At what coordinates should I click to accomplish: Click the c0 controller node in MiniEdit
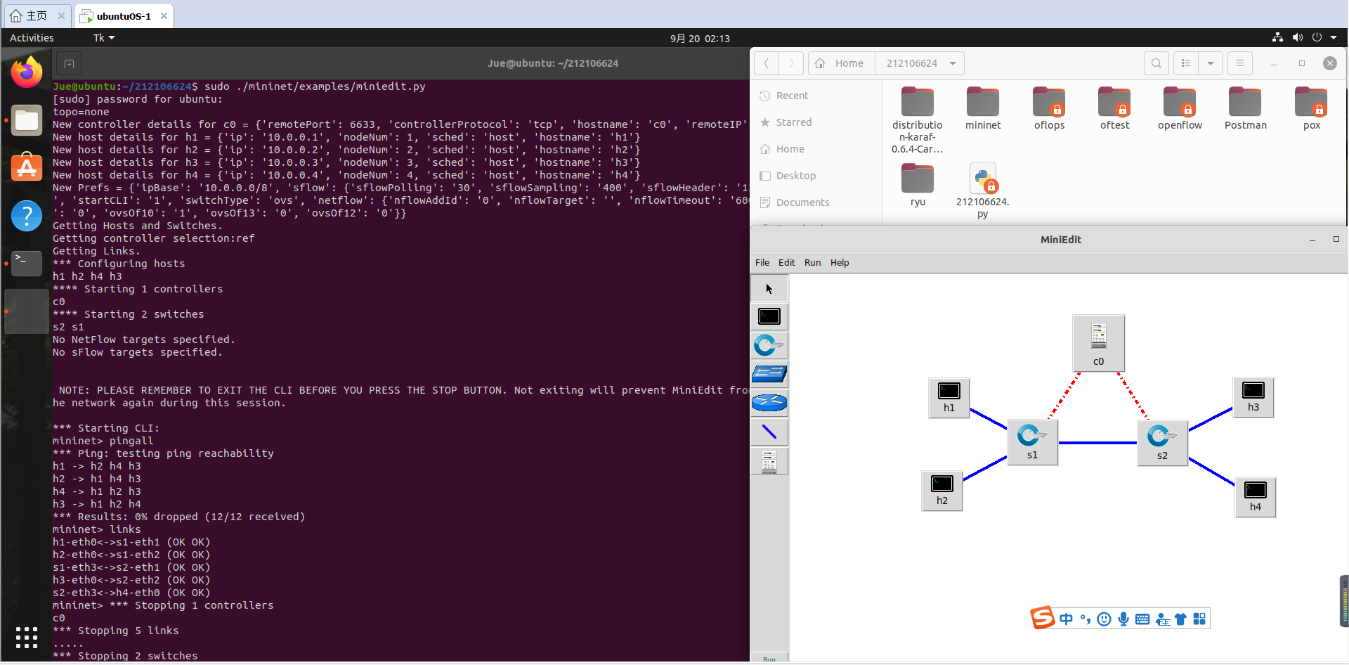pos(1098,342)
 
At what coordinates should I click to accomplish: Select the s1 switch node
pos(1031,441)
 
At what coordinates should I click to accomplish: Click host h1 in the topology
pos(949,397)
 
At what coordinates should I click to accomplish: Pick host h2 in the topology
pos(941,490)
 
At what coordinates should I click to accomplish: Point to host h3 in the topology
pos(1253,396)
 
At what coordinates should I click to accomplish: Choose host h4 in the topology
pos(1255,496)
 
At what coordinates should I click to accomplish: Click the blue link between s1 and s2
pos(1097,443)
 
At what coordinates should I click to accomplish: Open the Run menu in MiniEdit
pos(812,263)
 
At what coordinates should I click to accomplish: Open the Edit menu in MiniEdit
pos(786,263)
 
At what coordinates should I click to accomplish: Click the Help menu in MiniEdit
pos(840,263)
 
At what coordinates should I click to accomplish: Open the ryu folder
pos(918,185)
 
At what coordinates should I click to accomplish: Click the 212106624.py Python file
pos(982,188)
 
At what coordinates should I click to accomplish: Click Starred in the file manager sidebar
pos(793,122)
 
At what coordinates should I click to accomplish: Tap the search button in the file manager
pos(1156,63)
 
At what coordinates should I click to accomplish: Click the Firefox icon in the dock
pos(27,72)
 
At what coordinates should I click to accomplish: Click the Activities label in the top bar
pos(32,38)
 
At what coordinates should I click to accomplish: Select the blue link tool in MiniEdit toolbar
pos(769,432)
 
